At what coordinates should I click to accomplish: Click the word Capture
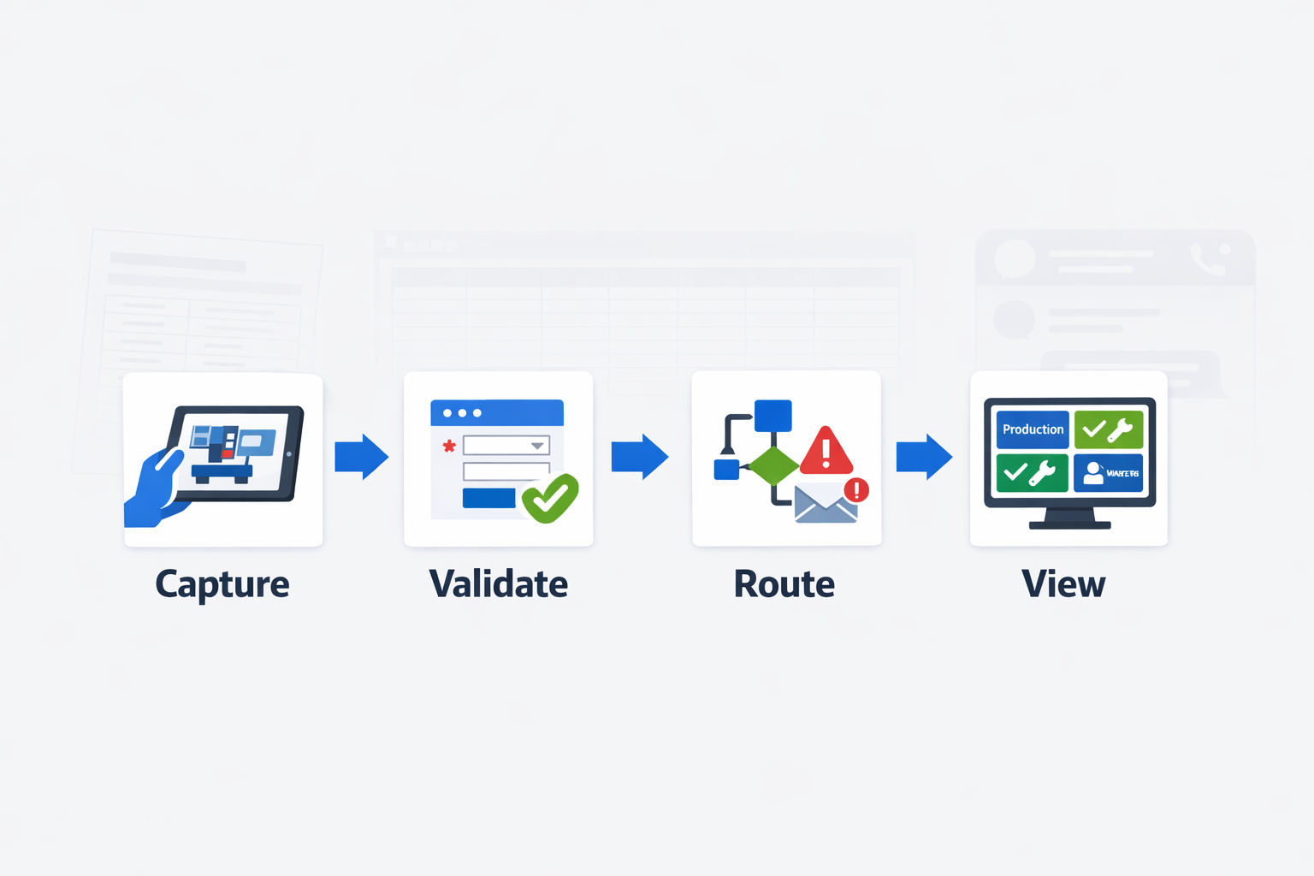click(222, 585)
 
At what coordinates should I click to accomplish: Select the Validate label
click(498, 584)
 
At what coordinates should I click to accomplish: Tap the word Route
click(784, 584)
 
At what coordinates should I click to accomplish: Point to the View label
click(1063, 584)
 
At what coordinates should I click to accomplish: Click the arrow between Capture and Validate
click(361, 457)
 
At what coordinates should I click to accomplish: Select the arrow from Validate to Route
click(639, 457)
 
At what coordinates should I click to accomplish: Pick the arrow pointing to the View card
click(924, 457)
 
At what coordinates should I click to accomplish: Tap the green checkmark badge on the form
click(550, 498)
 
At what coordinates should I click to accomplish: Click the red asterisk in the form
click(448, 446)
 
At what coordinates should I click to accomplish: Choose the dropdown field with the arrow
click(506, 446)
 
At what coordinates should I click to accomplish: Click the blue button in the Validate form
click(488, 498)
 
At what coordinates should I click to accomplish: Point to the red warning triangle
click(826, 452)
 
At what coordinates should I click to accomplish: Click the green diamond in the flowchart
click(773, 466)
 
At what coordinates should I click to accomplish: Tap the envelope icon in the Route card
click(825, 505)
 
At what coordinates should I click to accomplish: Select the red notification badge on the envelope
click(856, 490)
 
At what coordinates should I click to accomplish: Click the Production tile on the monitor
click(1033, 429)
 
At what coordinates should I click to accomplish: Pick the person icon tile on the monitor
click(1108, 473)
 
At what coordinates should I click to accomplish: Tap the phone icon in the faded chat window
click(1208, 258)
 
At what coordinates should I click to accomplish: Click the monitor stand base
click(1069, 524)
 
